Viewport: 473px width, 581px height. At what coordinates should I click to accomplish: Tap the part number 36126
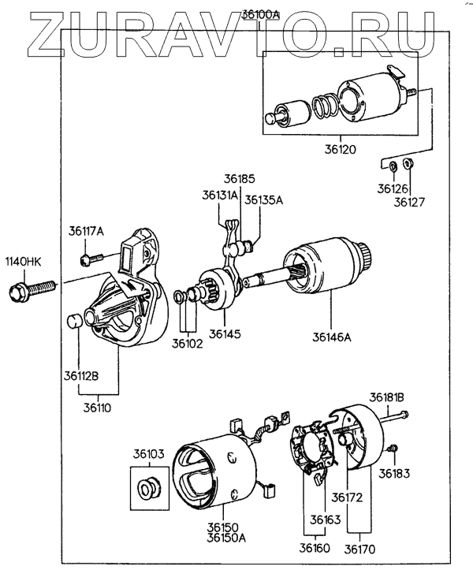tap(391, 189)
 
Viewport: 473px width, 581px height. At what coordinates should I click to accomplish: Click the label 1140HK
tap(24, 261)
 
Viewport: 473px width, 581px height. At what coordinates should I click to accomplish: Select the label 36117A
tap(86, 230)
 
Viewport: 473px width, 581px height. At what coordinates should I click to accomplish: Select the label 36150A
tap(226, 538)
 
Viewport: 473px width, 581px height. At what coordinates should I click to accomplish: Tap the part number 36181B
tap(388, 397)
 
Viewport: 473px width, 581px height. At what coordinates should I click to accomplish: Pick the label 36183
tap(394, 474)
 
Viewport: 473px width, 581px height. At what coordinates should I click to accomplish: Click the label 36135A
tap(263, 200)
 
